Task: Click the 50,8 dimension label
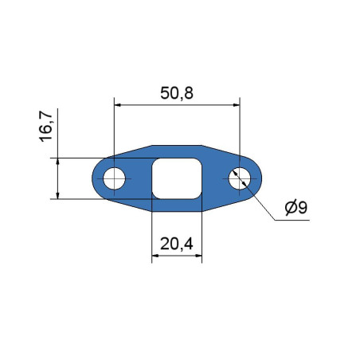pos(177,93)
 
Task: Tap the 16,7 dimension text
pos(45,126)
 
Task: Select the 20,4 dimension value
pos(177,244)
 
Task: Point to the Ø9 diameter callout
pos(296,208)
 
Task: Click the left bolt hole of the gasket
pos(114,178)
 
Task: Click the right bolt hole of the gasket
pos(240,178)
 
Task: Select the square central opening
pos(177,178)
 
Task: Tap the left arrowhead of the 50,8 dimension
pos(117,105)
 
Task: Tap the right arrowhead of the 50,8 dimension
pos(237,105)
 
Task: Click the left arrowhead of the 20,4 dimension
pos(155,256)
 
